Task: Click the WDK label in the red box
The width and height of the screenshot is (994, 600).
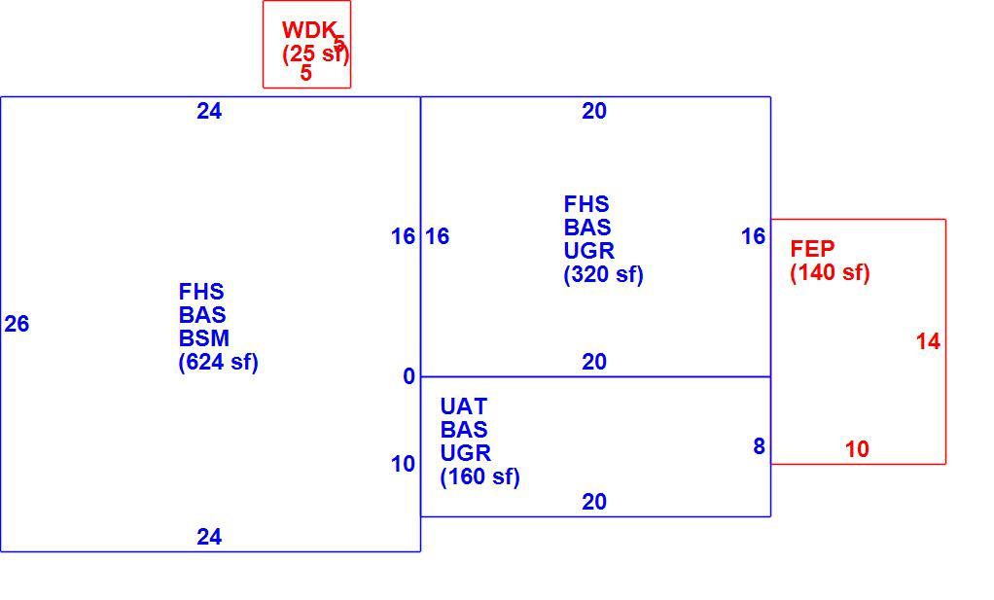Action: click(x=308, y=30)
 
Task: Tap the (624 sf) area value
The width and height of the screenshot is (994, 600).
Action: click(x=219, y=363)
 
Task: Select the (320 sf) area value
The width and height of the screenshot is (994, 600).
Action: click(x=603, y=275)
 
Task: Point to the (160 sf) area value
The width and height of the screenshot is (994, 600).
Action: click(x=479, y=476)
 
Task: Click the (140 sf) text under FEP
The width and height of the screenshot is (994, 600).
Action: click(x=830, y=272)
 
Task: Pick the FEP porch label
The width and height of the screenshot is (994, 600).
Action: click(x=812, y=248)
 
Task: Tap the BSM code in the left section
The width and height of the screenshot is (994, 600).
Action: click(x=204, y=338)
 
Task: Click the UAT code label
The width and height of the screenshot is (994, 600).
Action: click(x=464, y=406)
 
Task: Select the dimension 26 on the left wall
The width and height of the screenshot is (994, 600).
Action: click(x=18, y=324)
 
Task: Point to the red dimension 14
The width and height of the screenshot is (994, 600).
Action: click(x=928, y=341)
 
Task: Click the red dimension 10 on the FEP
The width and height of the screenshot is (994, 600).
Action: click(x=857, y=449)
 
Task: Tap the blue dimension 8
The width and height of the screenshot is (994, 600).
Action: click(x=759, y=446)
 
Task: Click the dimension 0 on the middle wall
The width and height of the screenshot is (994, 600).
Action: click(x=408, y=376)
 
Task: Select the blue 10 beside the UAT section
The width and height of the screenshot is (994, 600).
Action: click(x=403, y=464)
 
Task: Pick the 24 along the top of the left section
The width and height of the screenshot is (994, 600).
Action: click(x=209, y=111)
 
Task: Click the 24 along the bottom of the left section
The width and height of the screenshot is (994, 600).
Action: click(x=209, y=537)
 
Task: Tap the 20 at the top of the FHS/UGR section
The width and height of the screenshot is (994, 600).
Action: click(x=594, y=111)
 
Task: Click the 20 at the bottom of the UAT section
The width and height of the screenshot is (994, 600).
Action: click(x=594, y=502)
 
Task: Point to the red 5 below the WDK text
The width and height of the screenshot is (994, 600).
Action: click(x=306, y=73)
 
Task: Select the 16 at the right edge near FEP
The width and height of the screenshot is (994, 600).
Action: click(x=753, y=236)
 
